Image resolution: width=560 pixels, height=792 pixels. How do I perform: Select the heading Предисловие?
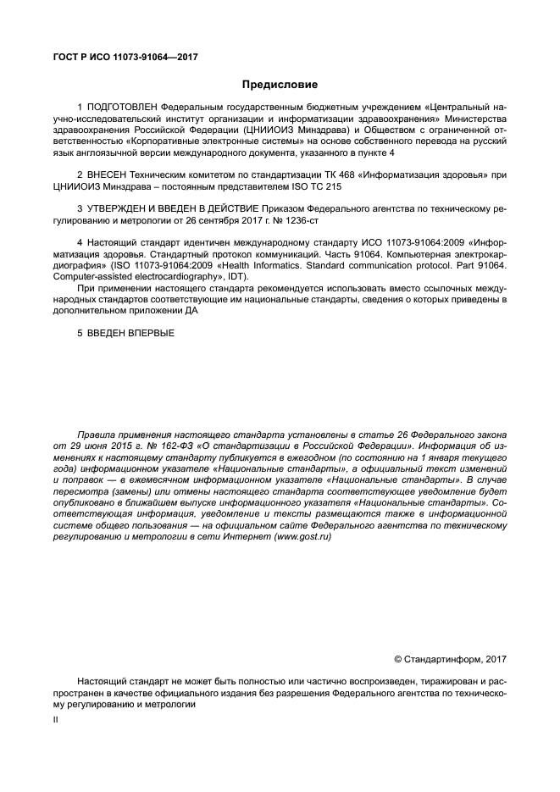[x=280, y=85]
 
